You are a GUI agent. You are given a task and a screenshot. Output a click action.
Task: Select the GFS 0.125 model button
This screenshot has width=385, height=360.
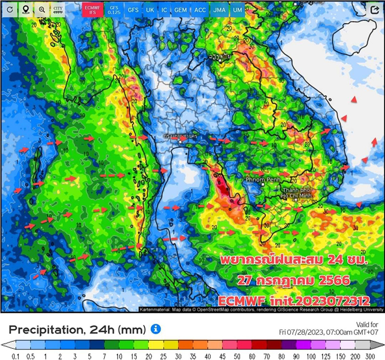(113, 9)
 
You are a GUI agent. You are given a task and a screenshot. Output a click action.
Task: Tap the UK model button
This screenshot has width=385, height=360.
(150, 10)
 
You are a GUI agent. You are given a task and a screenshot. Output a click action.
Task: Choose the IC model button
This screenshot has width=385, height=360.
(165, 10)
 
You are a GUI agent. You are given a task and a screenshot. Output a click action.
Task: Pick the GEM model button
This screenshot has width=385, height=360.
(181, 10)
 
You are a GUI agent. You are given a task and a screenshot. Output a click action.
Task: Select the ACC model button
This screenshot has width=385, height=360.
(200, 10)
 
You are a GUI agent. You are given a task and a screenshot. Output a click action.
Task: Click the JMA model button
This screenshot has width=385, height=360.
(218, 10)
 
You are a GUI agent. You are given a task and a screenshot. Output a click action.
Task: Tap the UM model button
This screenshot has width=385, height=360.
(237, 10)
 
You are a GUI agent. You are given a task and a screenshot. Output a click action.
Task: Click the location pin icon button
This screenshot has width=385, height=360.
(26, 9)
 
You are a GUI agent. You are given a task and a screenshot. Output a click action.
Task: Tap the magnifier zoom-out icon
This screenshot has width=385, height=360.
(42, 9)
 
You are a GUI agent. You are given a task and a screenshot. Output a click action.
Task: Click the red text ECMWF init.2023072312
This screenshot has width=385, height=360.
(294, 301)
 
